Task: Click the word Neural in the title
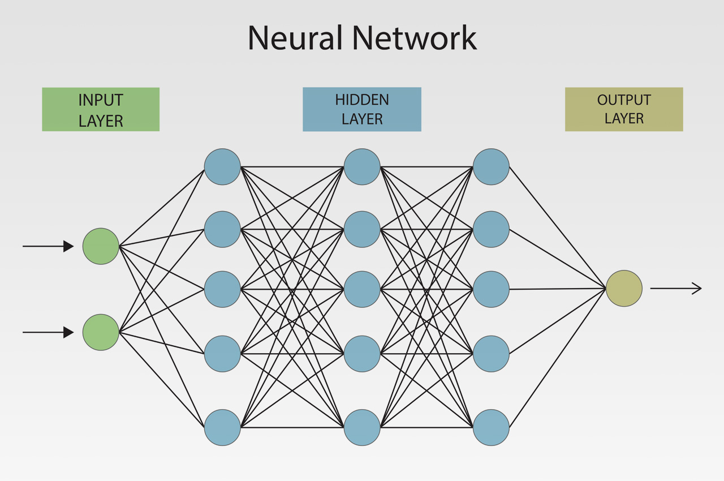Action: (x=295, y=38)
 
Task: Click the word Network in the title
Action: (x=414, y=38)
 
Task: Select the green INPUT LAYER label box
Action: (x=101, y=109)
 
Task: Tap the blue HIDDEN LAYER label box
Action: (x=362, y=109)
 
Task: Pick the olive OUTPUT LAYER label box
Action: (x=624, y=109)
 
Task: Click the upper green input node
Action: (x=101, y=246)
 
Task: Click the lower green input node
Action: (x=101, y=332)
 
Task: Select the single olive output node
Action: (x=624, y=289)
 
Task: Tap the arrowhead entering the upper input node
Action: (x=68, y=246)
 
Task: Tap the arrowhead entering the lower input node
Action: (x=68, y=332)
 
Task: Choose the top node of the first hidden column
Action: (x=222, y=167)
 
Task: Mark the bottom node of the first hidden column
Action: (x=222, y=427)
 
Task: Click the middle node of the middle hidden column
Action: (x=362, y=289)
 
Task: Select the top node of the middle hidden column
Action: (x=362, y=167)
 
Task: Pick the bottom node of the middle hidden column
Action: (x=362, y=427)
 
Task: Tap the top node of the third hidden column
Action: (x=491, y=167)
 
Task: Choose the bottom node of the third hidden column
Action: (x=491, y=427)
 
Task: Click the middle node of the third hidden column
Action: (x=491, y=289)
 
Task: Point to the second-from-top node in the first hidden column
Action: (x=222, y=229)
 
